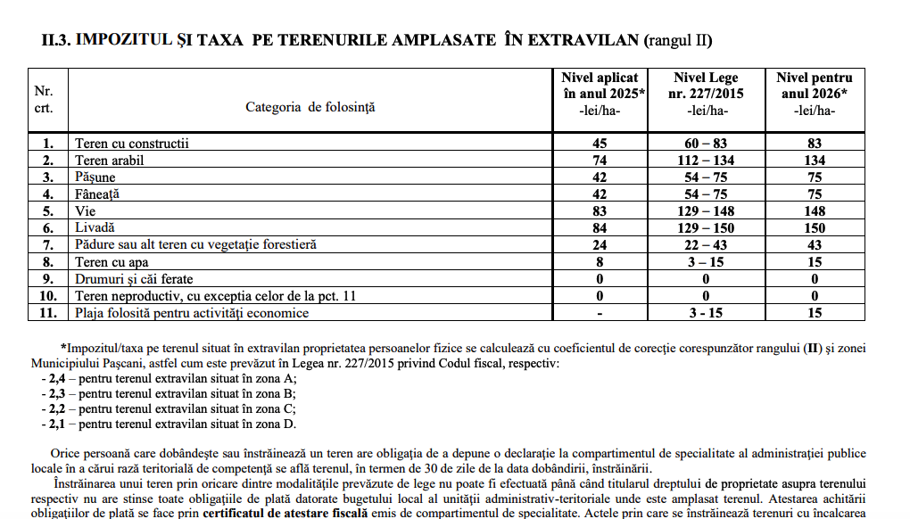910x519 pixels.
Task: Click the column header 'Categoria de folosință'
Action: pos(310,107)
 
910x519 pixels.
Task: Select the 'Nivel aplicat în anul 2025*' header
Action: pos(600,94)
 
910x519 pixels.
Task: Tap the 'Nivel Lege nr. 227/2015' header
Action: pos(707,94)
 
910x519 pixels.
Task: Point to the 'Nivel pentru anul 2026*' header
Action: pos(814,94)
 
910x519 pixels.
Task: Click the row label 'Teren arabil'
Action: pos(110,160)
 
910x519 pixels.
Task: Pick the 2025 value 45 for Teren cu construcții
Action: pos(600,143)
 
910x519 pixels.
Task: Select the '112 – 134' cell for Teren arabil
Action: pos(707,160)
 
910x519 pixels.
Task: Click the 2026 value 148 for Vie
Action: pos(814,211)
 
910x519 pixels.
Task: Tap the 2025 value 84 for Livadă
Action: pos(600,228)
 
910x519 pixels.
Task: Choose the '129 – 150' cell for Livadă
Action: pos(707,228)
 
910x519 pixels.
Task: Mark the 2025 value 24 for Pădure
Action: pos(600,245)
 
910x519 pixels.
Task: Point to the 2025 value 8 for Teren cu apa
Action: pos(600,262)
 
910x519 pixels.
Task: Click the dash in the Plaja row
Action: pos(600,313)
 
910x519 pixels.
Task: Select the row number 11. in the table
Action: pos(50,313)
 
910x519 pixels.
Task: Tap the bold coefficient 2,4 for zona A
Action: pos(58,379)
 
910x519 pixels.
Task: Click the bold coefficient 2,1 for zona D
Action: pos(58,424)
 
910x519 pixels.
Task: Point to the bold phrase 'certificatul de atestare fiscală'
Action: pos(285,514)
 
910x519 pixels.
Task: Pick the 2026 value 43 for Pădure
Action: pos(814,245)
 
